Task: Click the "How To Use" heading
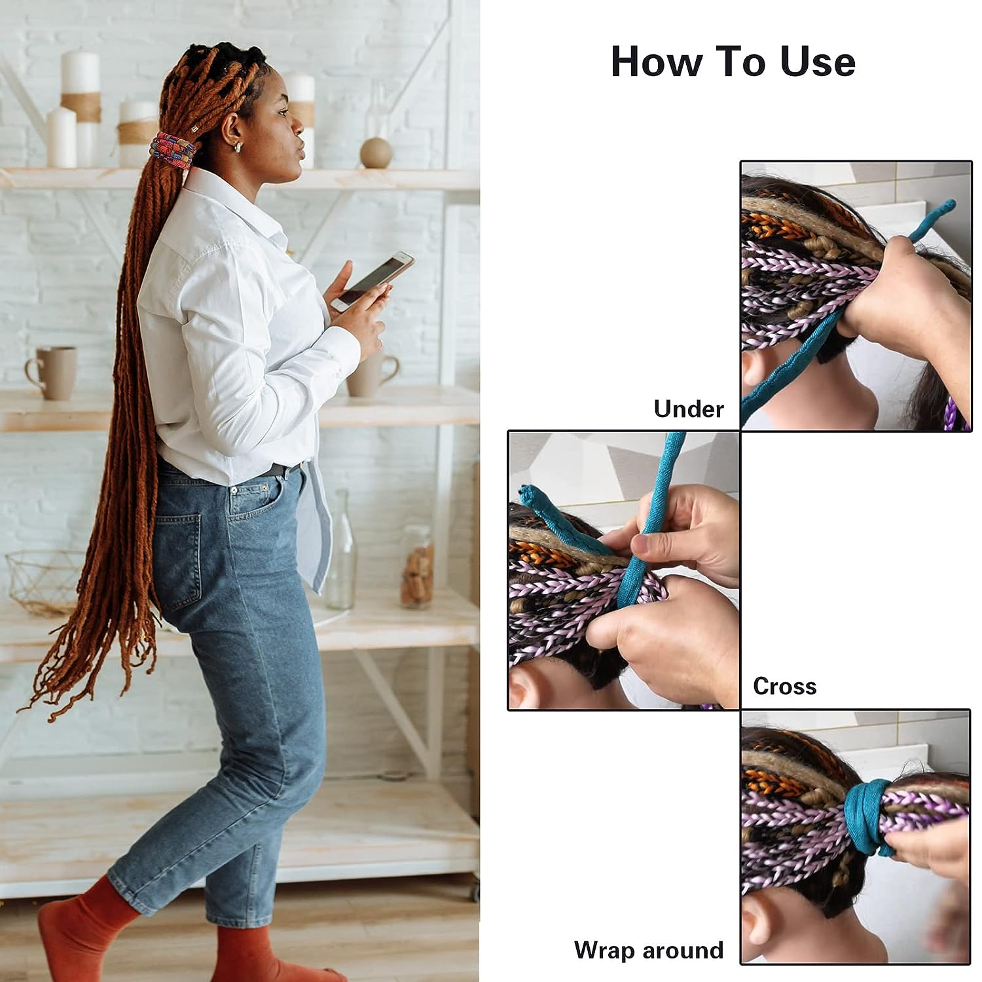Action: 733,62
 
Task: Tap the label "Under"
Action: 689,409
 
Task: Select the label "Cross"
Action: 784,686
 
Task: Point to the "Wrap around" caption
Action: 648,950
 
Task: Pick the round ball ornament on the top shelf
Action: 376,153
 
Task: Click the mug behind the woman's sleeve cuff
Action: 372,375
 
